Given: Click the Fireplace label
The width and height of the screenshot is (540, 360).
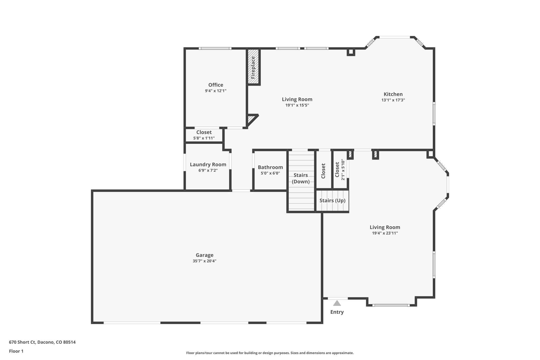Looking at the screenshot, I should pos(253,68).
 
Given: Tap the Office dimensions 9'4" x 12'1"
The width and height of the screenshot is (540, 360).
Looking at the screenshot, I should pos(216,91).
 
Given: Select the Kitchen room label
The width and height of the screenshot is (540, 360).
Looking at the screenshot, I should pos(393,94).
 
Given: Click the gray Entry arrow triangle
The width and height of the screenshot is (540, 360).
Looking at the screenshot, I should pos(337,303).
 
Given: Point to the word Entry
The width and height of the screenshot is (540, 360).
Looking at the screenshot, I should pos(337,312).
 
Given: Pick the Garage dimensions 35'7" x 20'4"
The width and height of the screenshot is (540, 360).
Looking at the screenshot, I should pos(204,261).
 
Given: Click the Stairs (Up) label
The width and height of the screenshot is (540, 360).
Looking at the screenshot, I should pos(332,200).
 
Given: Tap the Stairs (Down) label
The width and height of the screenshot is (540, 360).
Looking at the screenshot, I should pos(301,178).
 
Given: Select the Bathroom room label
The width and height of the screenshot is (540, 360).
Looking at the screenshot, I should pos(270,167).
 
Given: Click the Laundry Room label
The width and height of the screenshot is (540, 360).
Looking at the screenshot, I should pos(208,165).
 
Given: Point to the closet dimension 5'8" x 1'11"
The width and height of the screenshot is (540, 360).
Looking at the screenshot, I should pos(204,138).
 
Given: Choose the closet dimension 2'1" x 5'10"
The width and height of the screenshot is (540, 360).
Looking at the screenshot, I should pos(343,170).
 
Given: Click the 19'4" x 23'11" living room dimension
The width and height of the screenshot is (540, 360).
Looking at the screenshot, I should pos(385,233).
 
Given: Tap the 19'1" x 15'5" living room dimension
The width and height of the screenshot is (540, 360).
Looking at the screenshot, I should pos(297,105).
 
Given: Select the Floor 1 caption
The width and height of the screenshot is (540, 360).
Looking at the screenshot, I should pos(16,351).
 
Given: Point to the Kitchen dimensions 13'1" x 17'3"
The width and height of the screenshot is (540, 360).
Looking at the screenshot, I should pos(393,100).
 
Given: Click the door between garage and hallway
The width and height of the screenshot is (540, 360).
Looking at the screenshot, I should pos(241,190).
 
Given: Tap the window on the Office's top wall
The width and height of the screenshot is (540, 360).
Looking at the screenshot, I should pos(215,49).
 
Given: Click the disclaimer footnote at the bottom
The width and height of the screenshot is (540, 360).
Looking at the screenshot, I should pos(270,353).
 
